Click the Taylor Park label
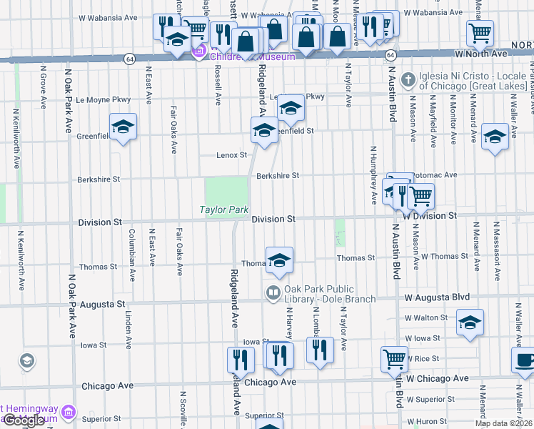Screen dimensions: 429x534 click(x=223, y=210)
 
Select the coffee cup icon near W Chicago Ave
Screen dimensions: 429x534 click(x=525, y=361)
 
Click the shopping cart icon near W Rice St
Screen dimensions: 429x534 click(x=394, y=358)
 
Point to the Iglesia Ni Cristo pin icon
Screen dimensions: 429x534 click(x=408, y=79)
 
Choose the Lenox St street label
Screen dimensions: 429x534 click(x=232, y=154)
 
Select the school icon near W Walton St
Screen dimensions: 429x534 click(x=470, y=322)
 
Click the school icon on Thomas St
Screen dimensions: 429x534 click(x=279, y=260)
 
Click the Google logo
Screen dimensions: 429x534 click(x=24, y=420)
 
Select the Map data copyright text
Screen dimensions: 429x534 click(x=503, y=423)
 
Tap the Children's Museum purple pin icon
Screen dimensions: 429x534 click(x=200, y=51)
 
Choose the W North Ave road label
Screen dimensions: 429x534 click(x=493, y=54)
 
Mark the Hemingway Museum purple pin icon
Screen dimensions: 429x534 click(x=68, y=411)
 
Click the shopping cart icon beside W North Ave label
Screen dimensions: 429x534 click(x=480, y=32)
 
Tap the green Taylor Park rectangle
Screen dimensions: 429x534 click(x=226, y=191)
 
